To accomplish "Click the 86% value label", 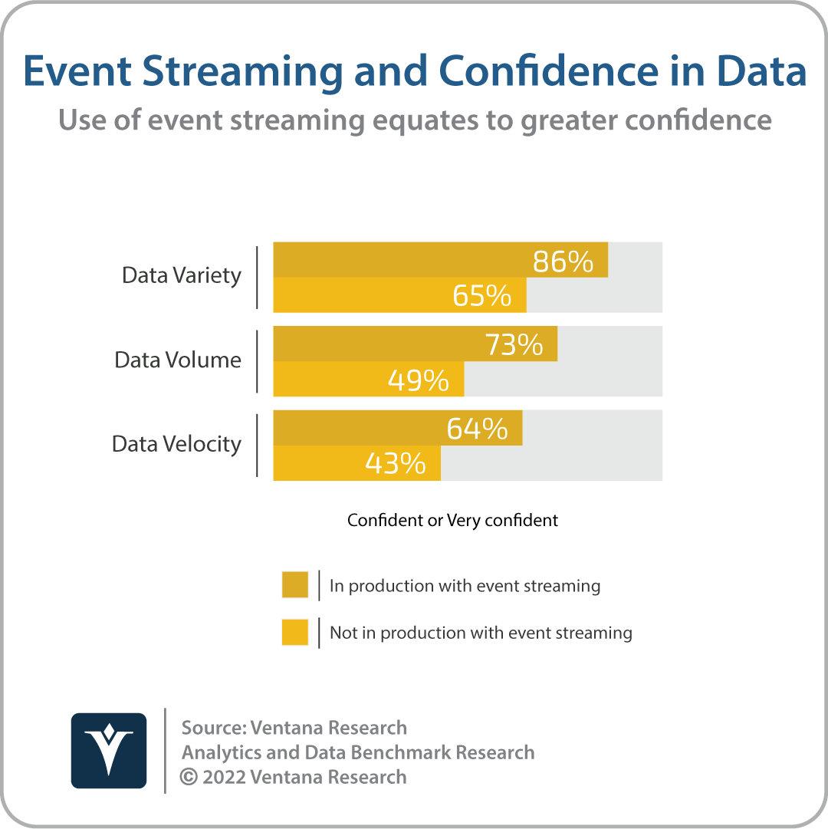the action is click(x=563, y=262).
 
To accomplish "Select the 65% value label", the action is click(x=482, y=295).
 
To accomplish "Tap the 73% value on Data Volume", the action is click(x=514, y=344).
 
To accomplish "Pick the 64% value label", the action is click(x=477, y=429).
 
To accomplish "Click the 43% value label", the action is click(x=396, y=464).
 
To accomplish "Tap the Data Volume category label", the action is click(x=178, y=360).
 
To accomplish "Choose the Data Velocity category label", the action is click(x=176, y=445).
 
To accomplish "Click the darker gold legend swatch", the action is click(x=295, y=584).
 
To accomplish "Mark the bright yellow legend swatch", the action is click(x=295, y=633).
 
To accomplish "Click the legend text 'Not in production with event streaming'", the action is click(x=481, y=633).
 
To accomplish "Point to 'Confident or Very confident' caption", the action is click(x=452, y=520).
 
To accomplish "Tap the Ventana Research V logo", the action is click(x=109, y=751).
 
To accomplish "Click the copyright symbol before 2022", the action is click(x=189, y=777).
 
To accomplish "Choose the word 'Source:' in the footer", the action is click(x=214, y=728).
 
